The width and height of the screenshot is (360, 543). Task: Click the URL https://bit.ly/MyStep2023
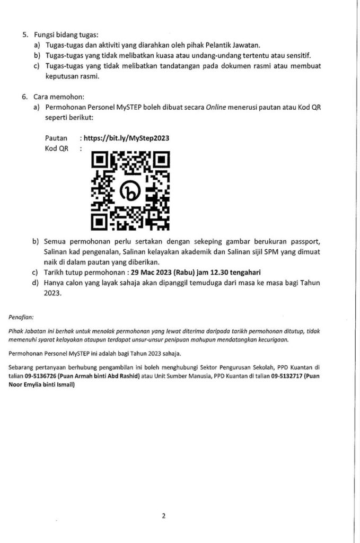(x=126, y=138)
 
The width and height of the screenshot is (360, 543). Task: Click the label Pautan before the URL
(x=56, y=138)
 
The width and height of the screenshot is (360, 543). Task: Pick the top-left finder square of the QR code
(x=101, y=161)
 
